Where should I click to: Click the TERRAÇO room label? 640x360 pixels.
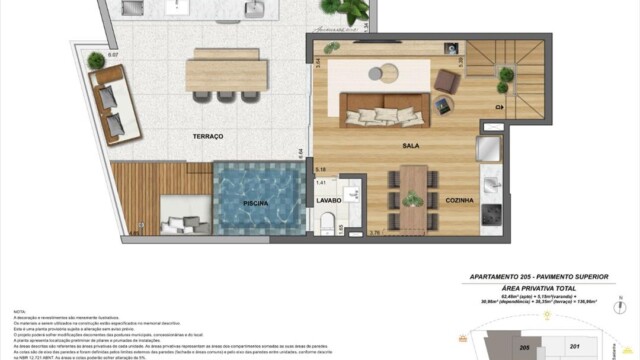pos(208,135)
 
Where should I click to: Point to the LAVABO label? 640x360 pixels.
pos(329,200)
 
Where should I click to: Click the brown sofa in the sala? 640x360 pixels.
pos(383,109)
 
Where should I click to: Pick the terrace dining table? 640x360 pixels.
pos(227,72)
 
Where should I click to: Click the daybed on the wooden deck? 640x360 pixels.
pos(185,213)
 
